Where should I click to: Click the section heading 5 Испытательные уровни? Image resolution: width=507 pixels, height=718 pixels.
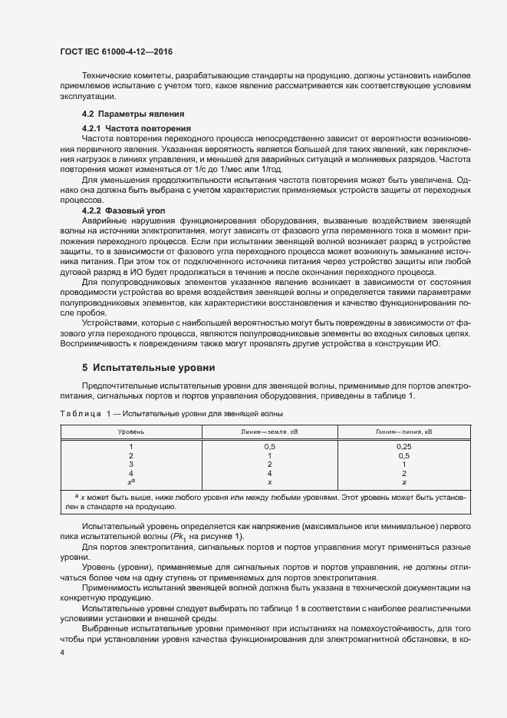[x=148, y=368]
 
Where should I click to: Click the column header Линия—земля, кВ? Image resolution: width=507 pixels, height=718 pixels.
[x=269, y=432]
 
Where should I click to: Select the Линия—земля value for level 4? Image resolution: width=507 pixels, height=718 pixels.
[x=269, y=473]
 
